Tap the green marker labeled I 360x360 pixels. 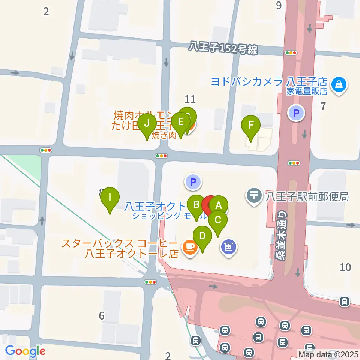(110, 197)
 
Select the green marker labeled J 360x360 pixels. (147, 124)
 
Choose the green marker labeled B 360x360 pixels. (196, 205)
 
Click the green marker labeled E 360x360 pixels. (180, 122)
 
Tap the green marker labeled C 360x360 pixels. (218, 220)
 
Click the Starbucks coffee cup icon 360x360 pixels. (190, 246)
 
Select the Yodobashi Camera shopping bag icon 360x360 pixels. (339, 84)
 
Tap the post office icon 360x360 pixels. (254, 195)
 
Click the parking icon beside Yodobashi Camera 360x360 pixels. (296, 112)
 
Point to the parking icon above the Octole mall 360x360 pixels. (193, 183)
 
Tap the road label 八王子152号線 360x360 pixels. (223, 48)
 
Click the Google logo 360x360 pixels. (25, 351)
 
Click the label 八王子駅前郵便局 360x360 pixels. (307, 196)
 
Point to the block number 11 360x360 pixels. (190, 99)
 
